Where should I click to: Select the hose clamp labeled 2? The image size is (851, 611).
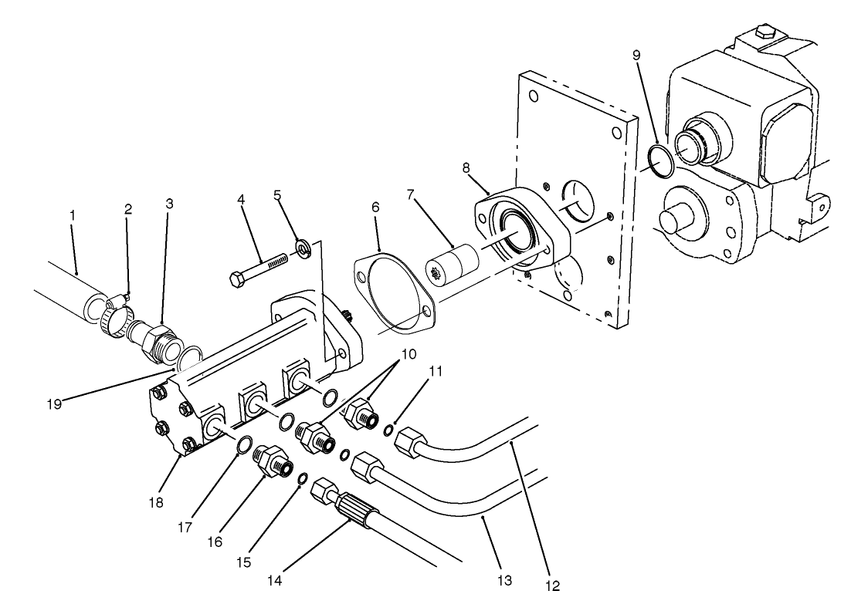(x=116, y=312)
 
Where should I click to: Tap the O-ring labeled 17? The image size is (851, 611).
(x=242, y=445)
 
